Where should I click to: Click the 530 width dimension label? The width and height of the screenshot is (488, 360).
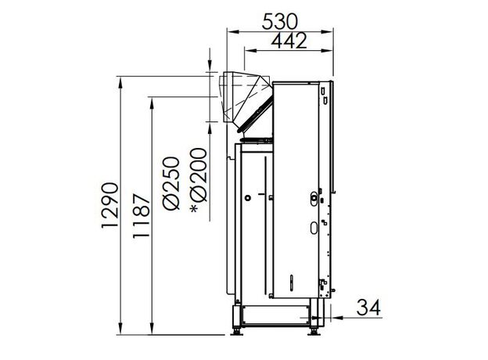(280, 21)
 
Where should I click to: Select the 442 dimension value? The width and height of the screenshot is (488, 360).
(289, 40)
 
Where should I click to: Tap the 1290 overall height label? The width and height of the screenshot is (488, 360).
(109, 205)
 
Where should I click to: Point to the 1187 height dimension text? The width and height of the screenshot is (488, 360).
(142, 216)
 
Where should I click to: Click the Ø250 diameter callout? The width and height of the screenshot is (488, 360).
(171, 183)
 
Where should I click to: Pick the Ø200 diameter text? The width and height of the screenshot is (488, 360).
(199, 175)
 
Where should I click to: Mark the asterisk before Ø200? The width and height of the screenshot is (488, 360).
(194, 209)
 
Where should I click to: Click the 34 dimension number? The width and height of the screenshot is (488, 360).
(368, 308)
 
